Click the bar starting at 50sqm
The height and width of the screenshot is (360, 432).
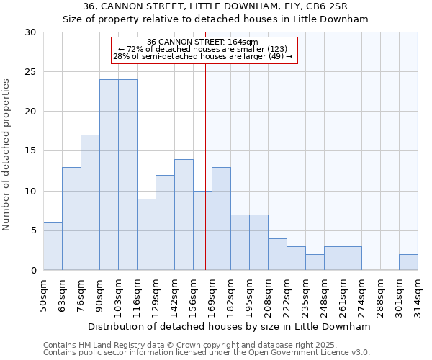pyautogui.click(x=53, y=246)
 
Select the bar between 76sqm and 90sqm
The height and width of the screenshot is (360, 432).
pyautogui.click(x=90, y=202)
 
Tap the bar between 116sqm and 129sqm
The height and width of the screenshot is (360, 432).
pyautogui.click(x=146, y=234)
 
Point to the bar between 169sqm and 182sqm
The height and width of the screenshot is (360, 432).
pyautogui.click(x=221, y=218)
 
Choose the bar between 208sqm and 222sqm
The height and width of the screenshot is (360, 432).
pyautogui.click(x=277, y=254)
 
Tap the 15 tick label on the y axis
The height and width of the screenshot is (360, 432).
pyautogui.click(x=31, y=151)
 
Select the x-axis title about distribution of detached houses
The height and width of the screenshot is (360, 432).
pyautogui.click(x=230, y=326)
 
